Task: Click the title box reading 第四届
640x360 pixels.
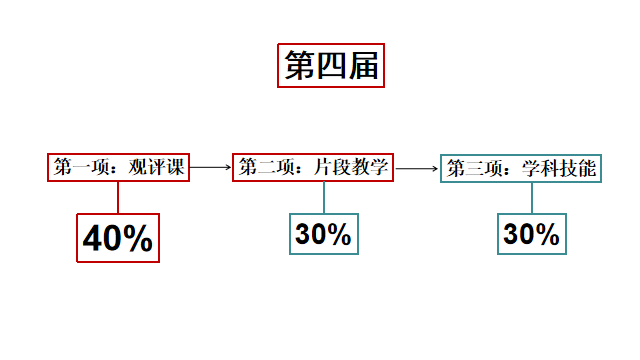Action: [330, 66]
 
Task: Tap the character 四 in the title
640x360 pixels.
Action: [330, 66]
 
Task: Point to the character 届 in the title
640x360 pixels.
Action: [362, 66]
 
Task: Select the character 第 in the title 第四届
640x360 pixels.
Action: [299, 66]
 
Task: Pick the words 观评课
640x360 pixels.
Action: [160, 168]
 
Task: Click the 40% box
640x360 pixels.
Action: [117, 238]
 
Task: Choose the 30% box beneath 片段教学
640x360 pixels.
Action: [323, 234]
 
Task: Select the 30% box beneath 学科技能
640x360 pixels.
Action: [531, 234]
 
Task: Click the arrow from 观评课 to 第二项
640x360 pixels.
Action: [211, 168]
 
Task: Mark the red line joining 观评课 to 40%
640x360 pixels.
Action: [118, 197]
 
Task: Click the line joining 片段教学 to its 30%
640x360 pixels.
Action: [323, 197]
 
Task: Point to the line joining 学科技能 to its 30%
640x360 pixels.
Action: [531, 197]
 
